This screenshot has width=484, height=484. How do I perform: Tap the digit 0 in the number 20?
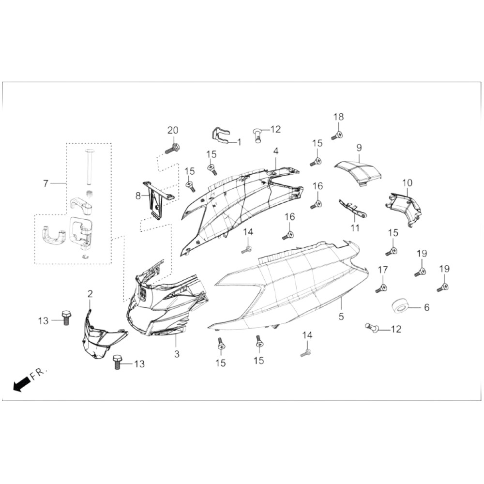(x=176, y=131)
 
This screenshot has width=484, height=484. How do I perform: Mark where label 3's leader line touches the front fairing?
(x=176, y=334)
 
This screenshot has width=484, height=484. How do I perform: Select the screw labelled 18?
(x=337, y=135)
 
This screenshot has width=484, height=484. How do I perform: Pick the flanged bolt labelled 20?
(x=172, y=149)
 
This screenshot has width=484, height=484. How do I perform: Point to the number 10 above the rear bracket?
(x=407, y=183)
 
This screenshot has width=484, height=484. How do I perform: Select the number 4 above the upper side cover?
(x=276, y=151)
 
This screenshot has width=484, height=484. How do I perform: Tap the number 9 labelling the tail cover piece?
(x=359, y=148)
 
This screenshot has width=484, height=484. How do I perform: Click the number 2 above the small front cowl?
(x=90, y=294)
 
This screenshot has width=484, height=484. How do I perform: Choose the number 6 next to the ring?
(x=426, y=307)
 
